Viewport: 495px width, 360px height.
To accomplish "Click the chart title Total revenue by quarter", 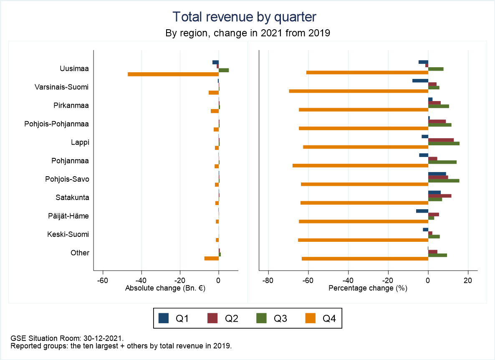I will pyautogui.click(x=245, y=17).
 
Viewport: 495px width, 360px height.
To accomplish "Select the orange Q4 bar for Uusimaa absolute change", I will pyautogui.click(x=173, y=74).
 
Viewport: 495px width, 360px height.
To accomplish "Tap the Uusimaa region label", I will pyautogui.click(x=74, y=68).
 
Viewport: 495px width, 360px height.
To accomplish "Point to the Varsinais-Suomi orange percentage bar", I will pyautogui.click(x=359, y=91).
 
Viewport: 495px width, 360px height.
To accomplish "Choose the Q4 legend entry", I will pyautogui.click(x=322, y=319).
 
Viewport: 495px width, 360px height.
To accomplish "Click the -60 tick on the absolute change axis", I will pyautogui.click(x=103, y=280).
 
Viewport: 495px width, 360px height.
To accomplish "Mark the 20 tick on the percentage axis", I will pyautogui.click(x=468, y=280).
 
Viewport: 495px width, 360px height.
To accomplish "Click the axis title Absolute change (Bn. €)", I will pyautogui.click(x=165, y=288).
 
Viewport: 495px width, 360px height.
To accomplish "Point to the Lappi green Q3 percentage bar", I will pyautogui.click(x=444, y=143).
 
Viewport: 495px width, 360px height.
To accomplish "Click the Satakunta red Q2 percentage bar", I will pyautogui.click(x=439, y=196).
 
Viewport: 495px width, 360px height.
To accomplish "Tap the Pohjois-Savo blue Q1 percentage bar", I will pyautogui.click(x=437, y=174).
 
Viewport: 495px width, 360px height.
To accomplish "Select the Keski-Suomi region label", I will pyautogui.click(x=68, y=234).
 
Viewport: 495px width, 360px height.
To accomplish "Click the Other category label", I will pyautogui.click(x=80, y=253).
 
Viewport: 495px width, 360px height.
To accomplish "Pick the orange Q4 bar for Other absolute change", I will pyautogui.click(x=212, y=259).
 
